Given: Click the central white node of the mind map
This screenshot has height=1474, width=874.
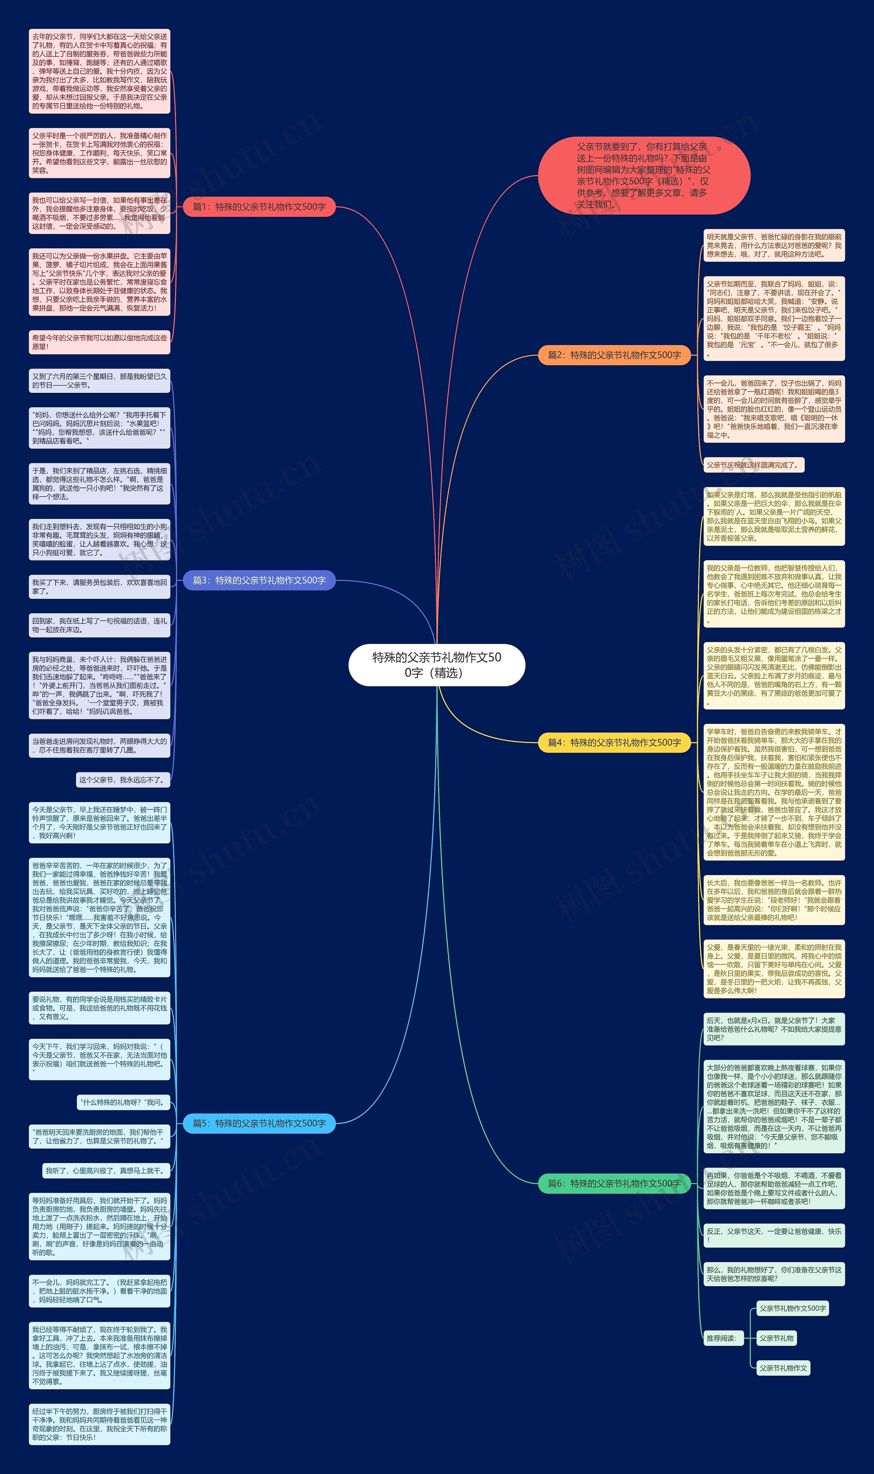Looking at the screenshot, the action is (x=436, y=664).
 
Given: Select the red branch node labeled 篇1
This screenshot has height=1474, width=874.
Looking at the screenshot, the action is (x=259, y=207).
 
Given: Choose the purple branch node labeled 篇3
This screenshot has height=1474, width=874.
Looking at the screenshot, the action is (x=259, y=580).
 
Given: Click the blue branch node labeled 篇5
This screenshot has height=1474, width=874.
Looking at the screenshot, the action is (x=259, y=1124).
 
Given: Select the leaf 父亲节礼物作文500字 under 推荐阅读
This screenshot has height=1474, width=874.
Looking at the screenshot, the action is (x=792, y=1308).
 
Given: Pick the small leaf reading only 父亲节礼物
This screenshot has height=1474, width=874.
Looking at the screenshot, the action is (x=776, y=1338).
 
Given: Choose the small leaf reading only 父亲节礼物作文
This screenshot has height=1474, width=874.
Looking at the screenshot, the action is (x=783, y=1368).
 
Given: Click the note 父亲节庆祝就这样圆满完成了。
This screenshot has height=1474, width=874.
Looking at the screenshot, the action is (x=753, y=465).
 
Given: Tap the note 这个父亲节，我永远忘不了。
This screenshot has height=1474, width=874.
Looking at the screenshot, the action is (x=123, y=780).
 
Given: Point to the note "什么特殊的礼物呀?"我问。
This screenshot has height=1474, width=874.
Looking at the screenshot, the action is (x=123, y=1102).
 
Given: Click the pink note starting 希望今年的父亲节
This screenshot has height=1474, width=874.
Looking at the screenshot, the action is (x=100, y=342).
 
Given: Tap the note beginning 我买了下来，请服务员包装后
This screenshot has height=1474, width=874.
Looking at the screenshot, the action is (x=100, y=587).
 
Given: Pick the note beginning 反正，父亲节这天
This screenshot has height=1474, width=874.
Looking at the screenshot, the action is (x=774, y=1236).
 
